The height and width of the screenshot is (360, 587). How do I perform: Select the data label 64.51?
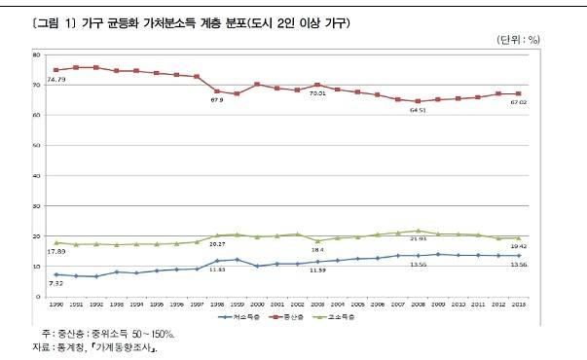419,111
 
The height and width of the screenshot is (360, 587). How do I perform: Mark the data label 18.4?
318,250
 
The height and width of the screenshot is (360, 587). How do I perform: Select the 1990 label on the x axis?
56,305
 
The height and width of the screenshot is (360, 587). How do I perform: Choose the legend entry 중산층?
299,318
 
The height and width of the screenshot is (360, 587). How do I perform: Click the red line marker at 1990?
56,70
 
